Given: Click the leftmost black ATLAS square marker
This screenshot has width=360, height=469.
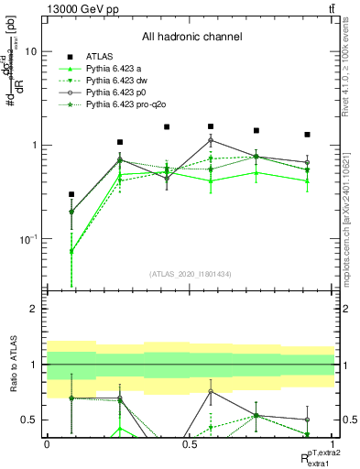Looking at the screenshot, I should pyautogui.click(x=71, y=194).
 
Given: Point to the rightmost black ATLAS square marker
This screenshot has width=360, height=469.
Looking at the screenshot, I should pyautogui.click(x=307, y=135).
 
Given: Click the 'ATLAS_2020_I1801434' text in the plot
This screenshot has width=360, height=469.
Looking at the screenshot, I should pyautogui.click(x=191, y=274).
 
